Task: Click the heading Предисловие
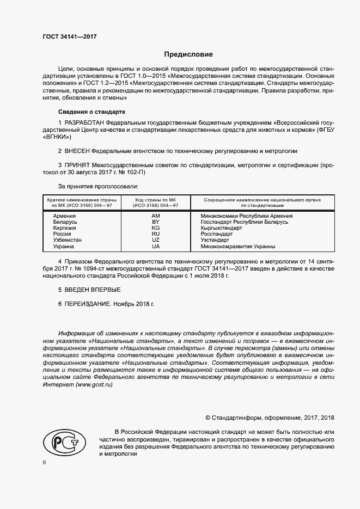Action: (x=188, y=54)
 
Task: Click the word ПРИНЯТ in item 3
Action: (x=77, y=164)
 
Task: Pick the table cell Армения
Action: (x=65, y=216)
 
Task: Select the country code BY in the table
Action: (x=155, y=222)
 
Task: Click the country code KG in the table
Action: (x=155, y=228)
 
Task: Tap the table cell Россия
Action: (x=63, y=234)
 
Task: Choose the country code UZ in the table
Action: (x=155, y=240)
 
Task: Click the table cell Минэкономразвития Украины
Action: (x=238, y=246)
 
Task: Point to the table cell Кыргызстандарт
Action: (x=221, y=228)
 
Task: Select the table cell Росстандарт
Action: (x=216, y=234)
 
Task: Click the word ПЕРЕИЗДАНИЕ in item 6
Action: (x=88, y=304)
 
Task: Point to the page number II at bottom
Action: (x=45, y=463)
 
